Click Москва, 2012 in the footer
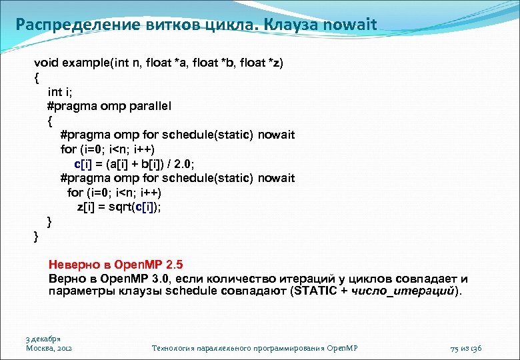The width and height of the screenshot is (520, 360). pyautogui.click(x=49, y=348)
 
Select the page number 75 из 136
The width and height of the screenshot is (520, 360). pyautogui.click(x=466, y=348)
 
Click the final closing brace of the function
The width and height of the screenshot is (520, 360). pyautogui.click(x=37, y=235)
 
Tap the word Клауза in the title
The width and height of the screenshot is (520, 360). pyautogui.click(x=289, y=25)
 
